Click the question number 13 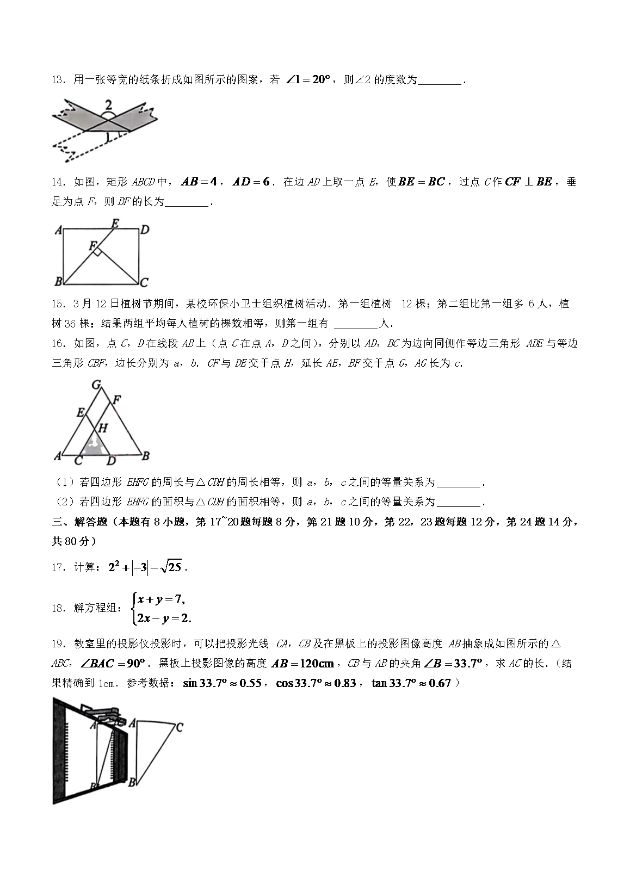[59, 81]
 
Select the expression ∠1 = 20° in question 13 [308, 80]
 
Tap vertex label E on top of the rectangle [115, 222]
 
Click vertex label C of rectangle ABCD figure [144, 282]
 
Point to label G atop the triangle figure [96, 385]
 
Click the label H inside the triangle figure [102, 428]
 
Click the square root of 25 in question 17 [174, 567]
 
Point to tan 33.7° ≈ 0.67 [411, 683]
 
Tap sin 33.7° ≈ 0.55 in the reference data [223, 683]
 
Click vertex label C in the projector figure [179, 727]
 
